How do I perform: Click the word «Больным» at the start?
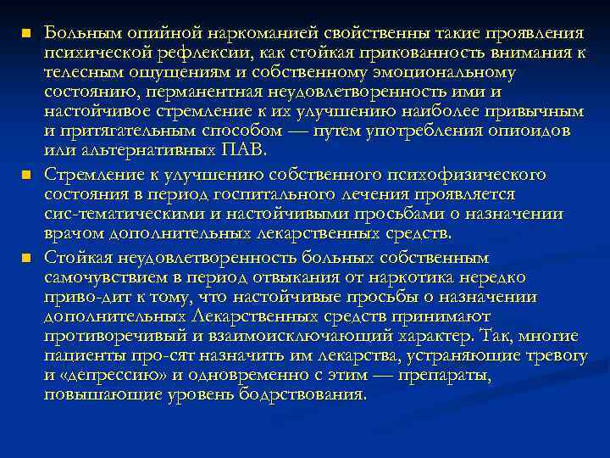click(78, 33)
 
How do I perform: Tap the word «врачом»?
click(72, 233)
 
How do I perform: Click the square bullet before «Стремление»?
click(25, 176)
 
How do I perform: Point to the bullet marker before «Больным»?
click(25, 34)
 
